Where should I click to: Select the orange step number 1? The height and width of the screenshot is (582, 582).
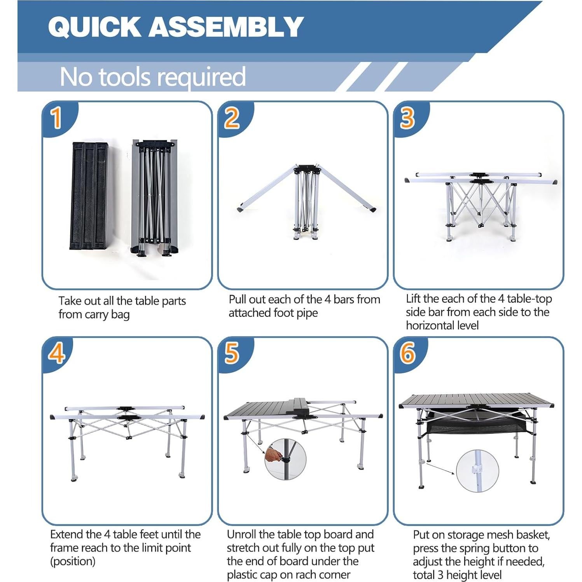(x=57, y=118)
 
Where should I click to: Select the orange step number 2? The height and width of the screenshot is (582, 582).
(x=232, y=118)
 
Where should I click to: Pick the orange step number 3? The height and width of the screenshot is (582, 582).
(x=407, y=118)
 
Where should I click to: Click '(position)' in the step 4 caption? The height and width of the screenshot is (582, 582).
(x=73, y=561)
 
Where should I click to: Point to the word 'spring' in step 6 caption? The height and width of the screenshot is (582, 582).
(x=477, y=548)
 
